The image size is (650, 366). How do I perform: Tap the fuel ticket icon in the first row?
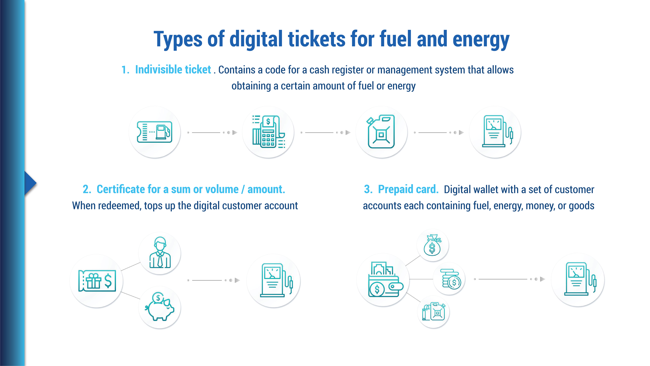154,132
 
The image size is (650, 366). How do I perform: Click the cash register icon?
268,132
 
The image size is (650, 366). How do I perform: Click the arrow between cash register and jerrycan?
326,132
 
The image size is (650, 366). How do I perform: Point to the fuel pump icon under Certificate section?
274,280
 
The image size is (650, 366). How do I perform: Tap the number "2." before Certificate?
87,189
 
